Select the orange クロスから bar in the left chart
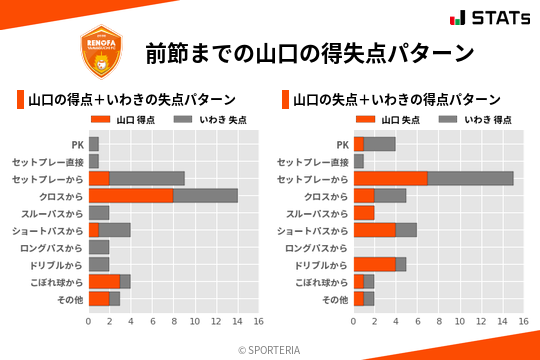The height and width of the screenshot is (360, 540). tap(131, 196)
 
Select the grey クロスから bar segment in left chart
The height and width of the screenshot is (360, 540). tap(205, 196)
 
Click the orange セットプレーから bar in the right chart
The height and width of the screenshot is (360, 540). tap(390, 178)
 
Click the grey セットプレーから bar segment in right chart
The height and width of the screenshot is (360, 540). tap(470, 178)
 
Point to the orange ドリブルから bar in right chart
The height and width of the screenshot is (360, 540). tap(374, 265)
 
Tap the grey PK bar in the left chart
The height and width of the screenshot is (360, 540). tap(94, 144)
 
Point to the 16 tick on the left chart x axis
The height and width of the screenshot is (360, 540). tap(258, 322)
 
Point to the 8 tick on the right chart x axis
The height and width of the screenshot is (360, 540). tap(438, 322)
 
